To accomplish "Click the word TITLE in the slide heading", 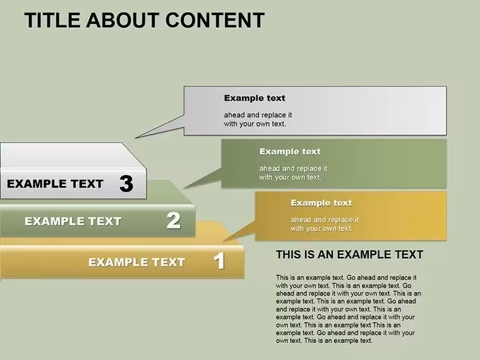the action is [x=52, y=20].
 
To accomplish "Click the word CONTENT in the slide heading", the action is [x=215, y=20].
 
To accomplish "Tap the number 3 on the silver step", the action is [x=126, y=184].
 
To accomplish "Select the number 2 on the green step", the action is [x=174, y=220].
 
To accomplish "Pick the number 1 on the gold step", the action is [x=219, y=261].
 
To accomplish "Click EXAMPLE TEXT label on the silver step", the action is [x=55, y=184].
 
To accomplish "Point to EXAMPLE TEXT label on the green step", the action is [x=73, y=221].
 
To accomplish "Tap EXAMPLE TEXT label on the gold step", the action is [x=137, y=262].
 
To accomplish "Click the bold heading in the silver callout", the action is [x=255, y=98].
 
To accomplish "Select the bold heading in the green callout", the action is [x=290, y=152].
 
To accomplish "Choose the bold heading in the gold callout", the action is [x=321, y=203].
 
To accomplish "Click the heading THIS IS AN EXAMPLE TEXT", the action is [x=350, y=255].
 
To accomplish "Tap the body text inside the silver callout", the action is [x=258, y=119].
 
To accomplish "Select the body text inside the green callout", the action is [x=293, y=172].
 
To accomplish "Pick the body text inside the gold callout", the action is [x=325, y=224].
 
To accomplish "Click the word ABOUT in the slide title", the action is [x=123, y=20].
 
